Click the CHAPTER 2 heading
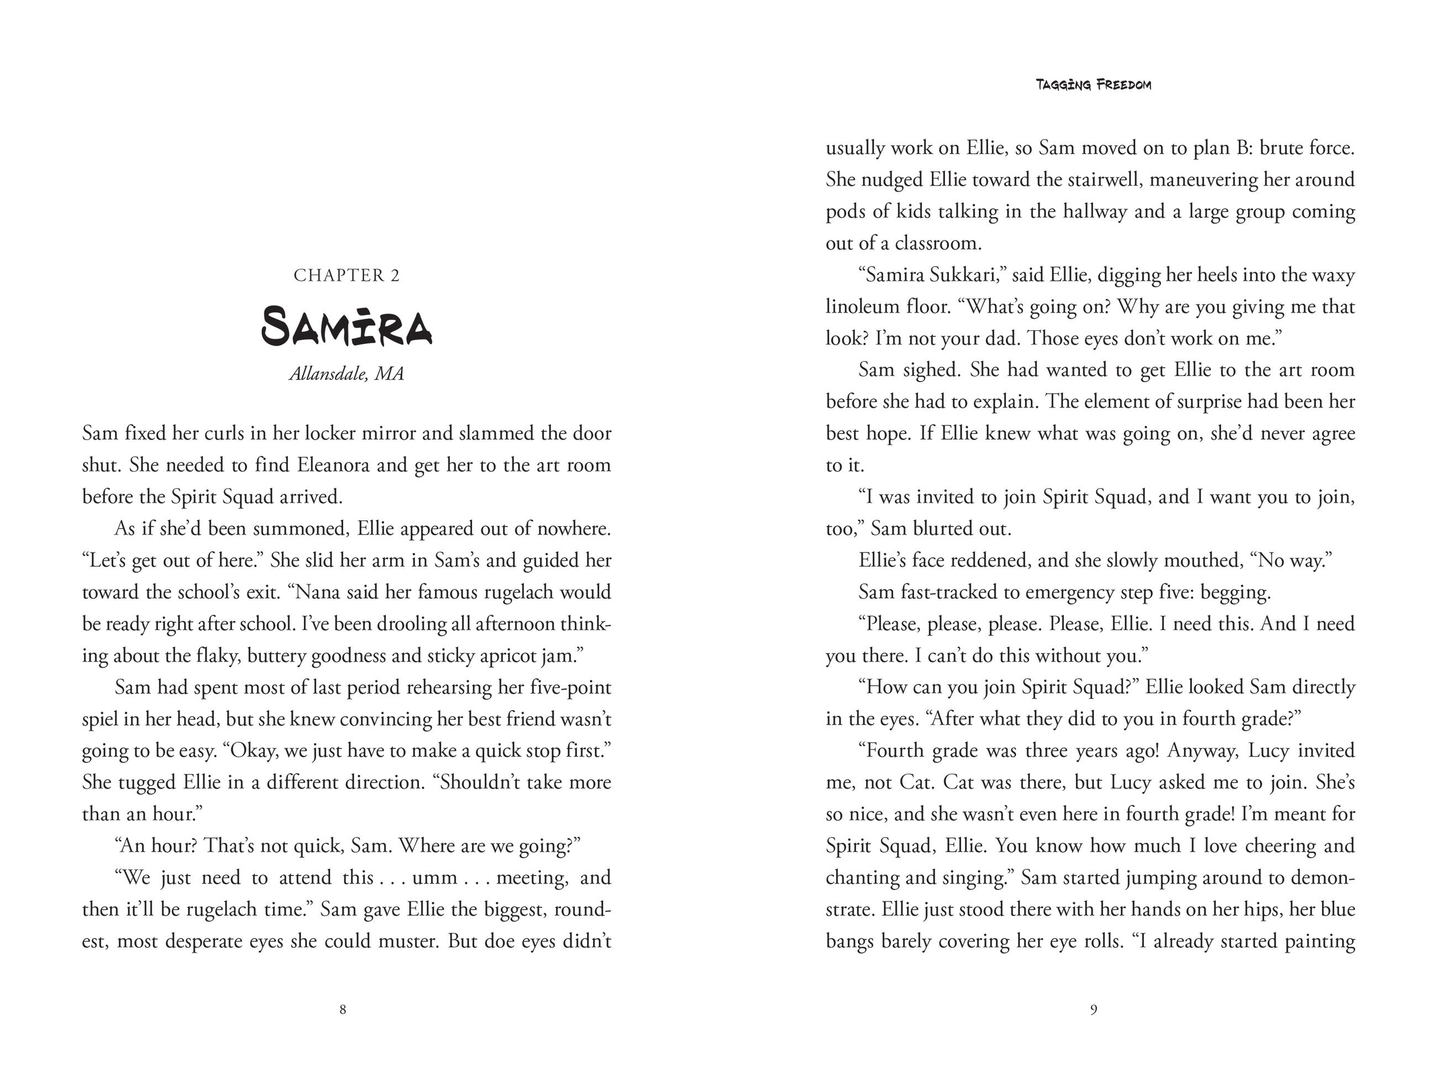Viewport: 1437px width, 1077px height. (x=346, y=275)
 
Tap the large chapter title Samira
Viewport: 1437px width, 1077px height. (x=346, y=326)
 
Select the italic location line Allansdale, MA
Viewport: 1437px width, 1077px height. (x=346, y=374)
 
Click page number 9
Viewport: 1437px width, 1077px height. (x=1093, y=1010)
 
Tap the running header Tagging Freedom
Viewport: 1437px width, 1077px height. (x=1093, y=85)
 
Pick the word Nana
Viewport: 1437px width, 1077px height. (x=316, y=592)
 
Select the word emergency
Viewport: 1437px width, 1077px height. (x=1052, y=592)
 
